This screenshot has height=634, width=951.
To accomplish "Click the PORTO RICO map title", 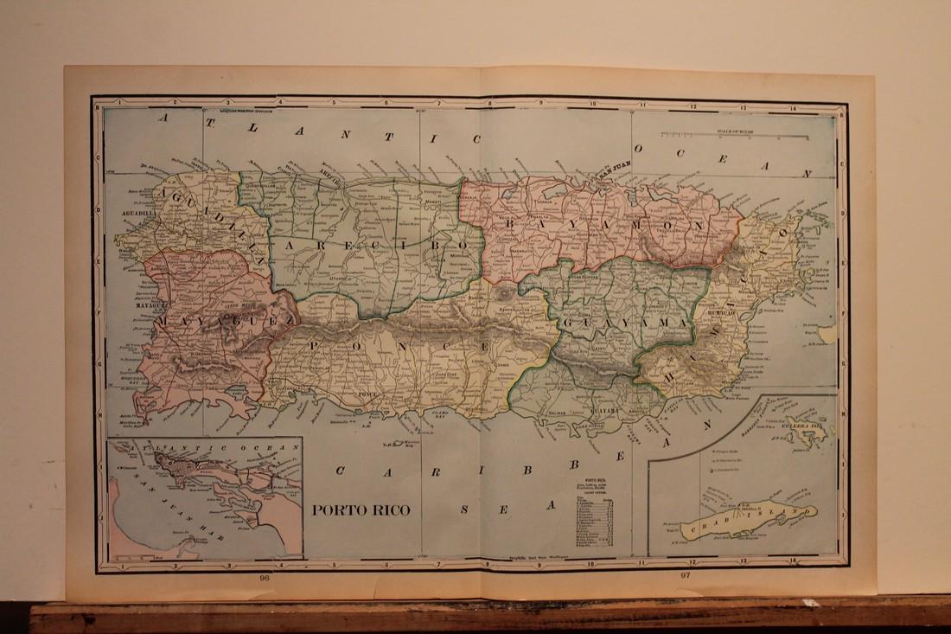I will pos(361,509).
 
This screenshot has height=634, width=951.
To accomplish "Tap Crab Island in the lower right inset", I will pos(749,520).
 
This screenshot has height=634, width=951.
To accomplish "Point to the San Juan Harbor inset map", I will pos(205,498).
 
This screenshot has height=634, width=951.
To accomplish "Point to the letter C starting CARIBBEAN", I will pos(341,471).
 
